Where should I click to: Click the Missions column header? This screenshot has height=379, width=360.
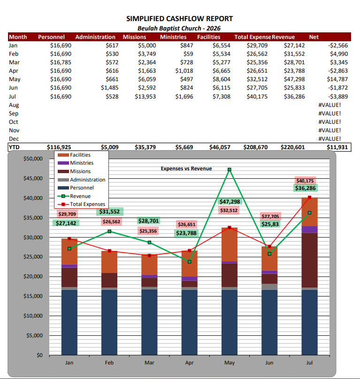tap(135, 37)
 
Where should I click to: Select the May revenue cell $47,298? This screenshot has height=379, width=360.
tap(294, 79)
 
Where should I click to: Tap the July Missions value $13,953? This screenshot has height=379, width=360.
tap(145, 97)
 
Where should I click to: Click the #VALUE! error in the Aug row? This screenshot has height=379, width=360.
tap(329, 105)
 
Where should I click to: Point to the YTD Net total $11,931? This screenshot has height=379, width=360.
tap(337, 147)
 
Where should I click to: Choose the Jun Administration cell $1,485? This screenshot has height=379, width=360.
tap(110, 88)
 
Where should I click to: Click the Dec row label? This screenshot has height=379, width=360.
tap(14, 139)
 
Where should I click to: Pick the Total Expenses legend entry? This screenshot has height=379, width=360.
tap(81, 204)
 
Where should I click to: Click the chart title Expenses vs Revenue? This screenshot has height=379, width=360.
tap(186, 168)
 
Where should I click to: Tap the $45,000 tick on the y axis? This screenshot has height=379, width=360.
tap(33, 178)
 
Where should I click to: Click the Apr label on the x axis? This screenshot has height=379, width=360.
tap(189, 363)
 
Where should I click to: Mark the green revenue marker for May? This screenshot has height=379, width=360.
tap(230, 170)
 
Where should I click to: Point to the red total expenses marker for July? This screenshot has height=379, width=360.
tap(309, 197)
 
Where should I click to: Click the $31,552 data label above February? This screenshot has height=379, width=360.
tap(110, 212)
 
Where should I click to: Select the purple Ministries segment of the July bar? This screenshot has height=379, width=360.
tap(309, 229)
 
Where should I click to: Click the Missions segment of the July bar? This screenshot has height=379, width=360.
tap(309, 260)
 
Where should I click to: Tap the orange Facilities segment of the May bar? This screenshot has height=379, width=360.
tap(230, 244)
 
